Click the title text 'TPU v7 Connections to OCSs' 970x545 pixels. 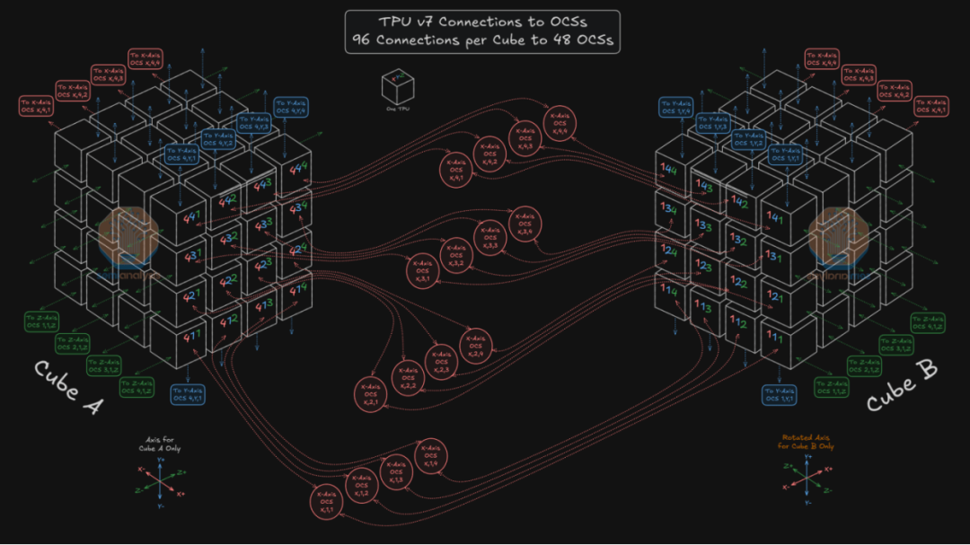[x=482, y=22]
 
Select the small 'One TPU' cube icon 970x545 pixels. [x=396, y=87]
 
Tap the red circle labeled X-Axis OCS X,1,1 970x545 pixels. [x=328, y=500]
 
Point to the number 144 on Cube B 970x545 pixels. [x=668, y=170]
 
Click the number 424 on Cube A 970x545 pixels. [x=296, y=249]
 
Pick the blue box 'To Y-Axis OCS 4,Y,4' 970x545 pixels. [x=293, y=107]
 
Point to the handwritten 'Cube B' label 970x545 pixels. [x=902, y=387]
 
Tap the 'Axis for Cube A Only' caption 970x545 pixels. [x=159, y=444]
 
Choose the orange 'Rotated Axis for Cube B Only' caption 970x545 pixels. [x=807, y=442]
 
